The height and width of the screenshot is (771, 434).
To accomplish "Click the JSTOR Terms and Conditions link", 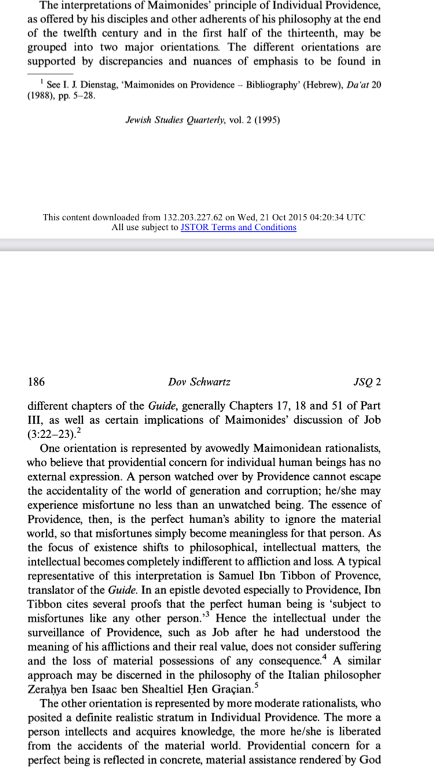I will click(238, 228).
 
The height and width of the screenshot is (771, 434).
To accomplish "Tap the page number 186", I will click(36, 382).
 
